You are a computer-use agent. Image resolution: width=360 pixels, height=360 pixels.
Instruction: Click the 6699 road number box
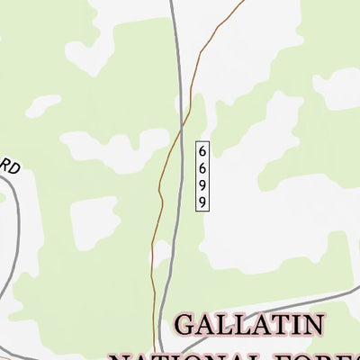tap(203, 175)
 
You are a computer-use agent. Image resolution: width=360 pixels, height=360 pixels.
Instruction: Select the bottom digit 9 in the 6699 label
tap(203, 202)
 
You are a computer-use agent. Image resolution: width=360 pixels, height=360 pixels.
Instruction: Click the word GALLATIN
tap(261, 325)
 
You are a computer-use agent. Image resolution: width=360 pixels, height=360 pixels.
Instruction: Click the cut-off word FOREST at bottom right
tap(333, 355)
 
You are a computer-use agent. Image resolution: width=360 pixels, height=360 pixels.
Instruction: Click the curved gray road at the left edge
tap(11, 243)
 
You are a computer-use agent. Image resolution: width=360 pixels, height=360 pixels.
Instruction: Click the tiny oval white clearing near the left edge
tap(42, 106)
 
